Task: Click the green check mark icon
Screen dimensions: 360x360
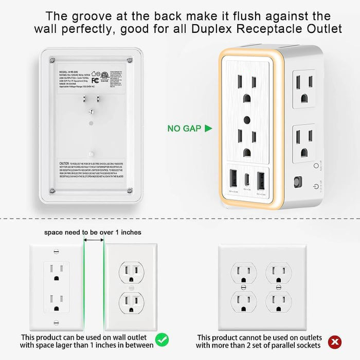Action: tap(162, 340)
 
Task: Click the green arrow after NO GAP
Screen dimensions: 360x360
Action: tap(208, 128)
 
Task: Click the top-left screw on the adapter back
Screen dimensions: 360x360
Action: tap(49, 60)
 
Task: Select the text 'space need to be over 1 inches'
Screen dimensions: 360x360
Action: tap(93, 232)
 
